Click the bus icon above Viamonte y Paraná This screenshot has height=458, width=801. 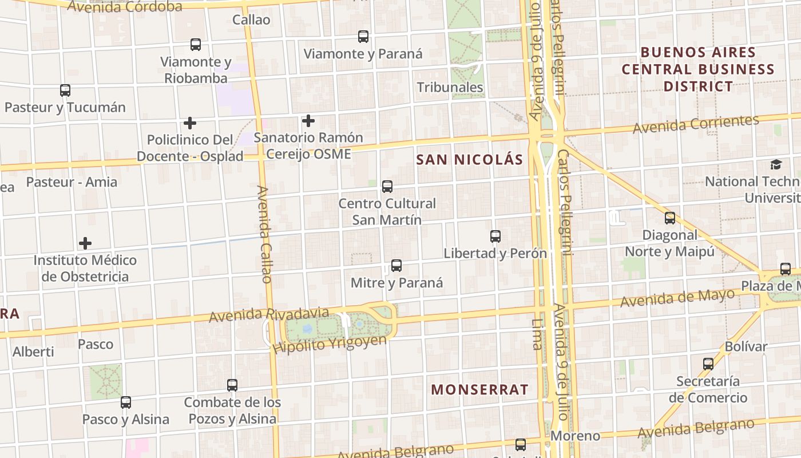coord(363,37)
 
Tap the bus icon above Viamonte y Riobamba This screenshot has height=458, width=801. coord(196,45)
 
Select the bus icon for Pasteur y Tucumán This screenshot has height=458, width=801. coord(65,90)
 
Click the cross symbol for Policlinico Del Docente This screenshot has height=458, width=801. coord(190,123)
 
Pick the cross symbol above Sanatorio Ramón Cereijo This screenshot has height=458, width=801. coord(308,121)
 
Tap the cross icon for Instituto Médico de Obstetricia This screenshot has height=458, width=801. coord(85,243)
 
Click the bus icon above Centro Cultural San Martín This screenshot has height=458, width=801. coord(387,187)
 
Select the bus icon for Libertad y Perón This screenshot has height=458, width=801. coord(495,236)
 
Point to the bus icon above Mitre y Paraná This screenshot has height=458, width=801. coord(396,266)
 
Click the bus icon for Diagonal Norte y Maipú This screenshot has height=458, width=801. coord(670,218)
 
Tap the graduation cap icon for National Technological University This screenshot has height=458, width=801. coord(776,165)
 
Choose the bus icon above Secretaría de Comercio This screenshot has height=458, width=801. coord(708,364)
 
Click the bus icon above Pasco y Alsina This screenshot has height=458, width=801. coord(126,402)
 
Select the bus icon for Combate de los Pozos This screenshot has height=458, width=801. coord(232,385)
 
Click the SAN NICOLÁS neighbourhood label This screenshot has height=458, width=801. coord(470,160)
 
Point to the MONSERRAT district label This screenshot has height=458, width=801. coord(480,390)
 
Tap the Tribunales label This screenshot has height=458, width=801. coord(450,88)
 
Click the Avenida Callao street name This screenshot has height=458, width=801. coord(264,234)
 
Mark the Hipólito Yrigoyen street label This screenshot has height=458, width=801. coord(330,344)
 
